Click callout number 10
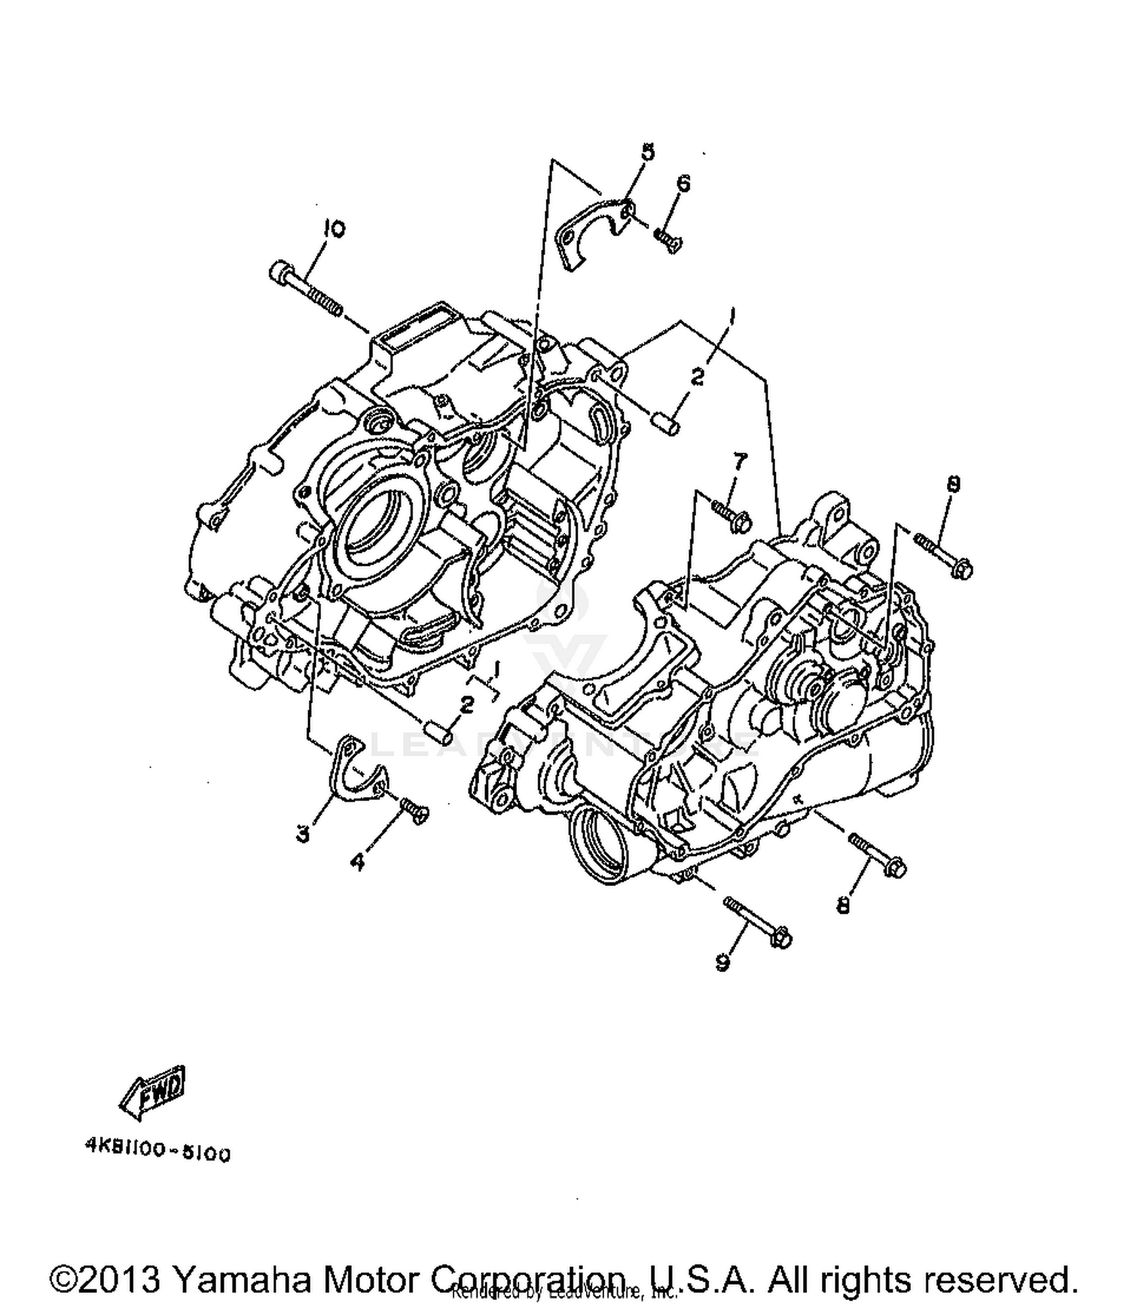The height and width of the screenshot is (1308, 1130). (x=334, y=228)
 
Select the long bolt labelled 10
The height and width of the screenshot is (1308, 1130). (x=305, y=289)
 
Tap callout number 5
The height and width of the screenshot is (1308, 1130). (x=648, y=152)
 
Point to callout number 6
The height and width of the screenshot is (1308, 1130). (x=683, y=183)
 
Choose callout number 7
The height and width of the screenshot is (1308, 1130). (x=740, y=461)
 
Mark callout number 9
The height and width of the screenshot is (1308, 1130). (x=722, y=962)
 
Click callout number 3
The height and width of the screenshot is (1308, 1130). (x=303, y=834)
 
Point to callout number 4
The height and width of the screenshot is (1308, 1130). (x=357, y=862)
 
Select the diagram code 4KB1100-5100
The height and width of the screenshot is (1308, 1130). (x=157, y=1154)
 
